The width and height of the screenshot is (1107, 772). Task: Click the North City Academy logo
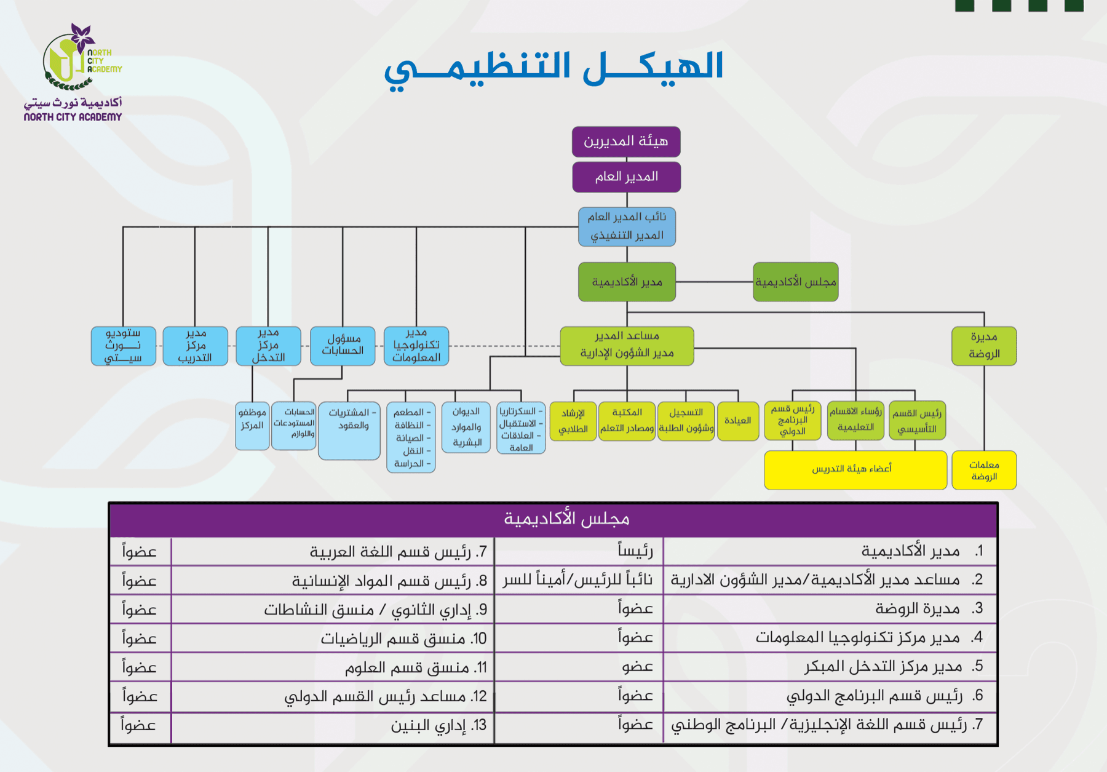73,72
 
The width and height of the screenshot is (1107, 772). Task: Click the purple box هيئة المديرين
626,141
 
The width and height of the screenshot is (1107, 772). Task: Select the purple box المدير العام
626,177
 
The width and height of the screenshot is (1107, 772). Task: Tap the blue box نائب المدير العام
627,226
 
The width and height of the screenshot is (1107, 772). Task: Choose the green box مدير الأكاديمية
627,282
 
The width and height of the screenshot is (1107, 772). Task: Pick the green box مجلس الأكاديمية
796,282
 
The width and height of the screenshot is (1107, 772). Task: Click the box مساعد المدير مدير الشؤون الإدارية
627,346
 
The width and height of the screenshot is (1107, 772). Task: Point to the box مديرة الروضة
984,346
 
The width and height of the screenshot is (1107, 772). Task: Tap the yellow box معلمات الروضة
984,471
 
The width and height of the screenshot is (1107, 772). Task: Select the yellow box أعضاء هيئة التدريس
855,470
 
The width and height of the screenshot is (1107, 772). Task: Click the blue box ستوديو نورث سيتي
124,346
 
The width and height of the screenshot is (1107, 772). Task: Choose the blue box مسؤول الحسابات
343,346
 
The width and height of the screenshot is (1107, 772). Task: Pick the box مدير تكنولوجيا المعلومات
416,346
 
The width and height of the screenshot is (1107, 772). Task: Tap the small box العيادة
737,421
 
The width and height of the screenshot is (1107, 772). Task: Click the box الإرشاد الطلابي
573,421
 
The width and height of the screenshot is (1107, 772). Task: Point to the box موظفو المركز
252,426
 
